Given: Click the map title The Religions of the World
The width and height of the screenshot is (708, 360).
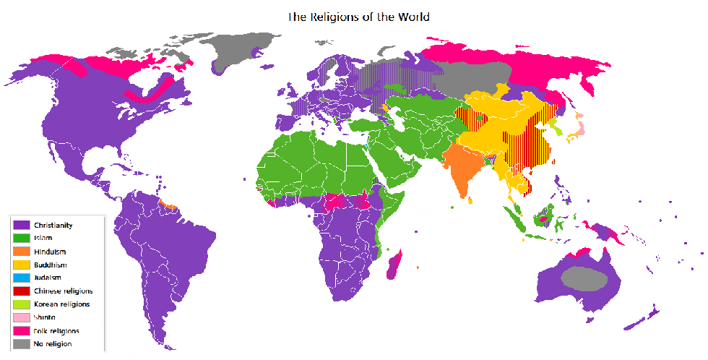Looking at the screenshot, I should click(x=359, y=16).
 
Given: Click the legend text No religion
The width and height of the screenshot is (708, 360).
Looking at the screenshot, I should click(x=53, y=344).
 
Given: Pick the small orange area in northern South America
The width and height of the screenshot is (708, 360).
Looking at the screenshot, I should click(x=170, y=205).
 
